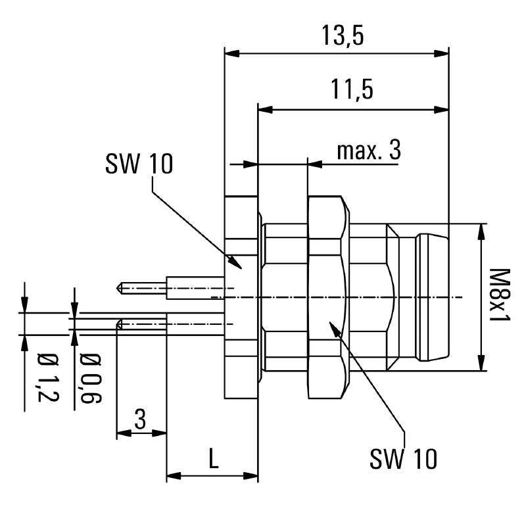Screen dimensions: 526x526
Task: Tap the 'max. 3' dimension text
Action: point(368,151)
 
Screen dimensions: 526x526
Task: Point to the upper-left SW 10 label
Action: point(139,164)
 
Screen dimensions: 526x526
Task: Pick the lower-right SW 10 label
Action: point(403,459)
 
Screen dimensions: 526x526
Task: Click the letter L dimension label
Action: point(213,459)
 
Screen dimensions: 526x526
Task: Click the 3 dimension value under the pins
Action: point(140,419)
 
